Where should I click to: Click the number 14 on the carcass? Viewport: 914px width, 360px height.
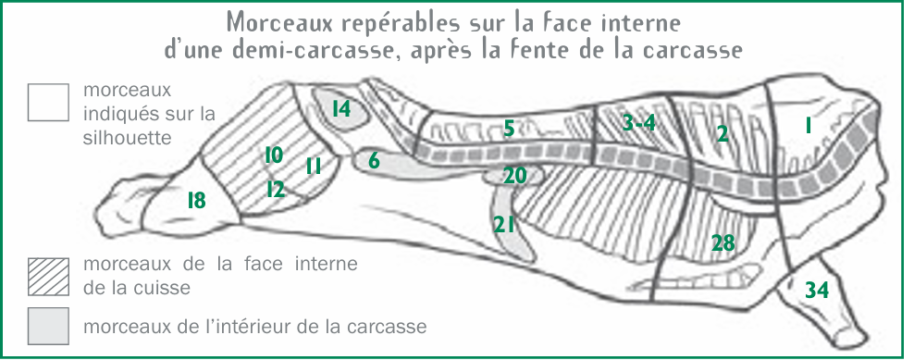click(341, 108)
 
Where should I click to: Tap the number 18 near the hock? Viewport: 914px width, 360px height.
click(196, 200)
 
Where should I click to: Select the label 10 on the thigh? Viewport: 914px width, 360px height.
click(274, 155)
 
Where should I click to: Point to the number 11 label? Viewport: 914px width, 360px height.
click(313, 167)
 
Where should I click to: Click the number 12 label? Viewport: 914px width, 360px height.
click(275, 189)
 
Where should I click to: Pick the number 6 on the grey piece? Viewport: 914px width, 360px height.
click(374, 160)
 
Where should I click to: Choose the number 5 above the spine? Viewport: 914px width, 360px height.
click(509, 129)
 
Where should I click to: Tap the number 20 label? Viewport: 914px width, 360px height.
click(515, 175)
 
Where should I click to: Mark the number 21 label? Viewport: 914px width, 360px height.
click(505, 224)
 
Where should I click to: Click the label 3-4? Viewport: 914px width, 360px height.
click(639, 122)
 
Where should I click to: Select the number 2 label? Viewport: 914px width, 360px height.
click(723, 133)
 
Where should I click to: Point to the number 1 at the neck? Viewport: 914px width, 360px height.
click(809, 126)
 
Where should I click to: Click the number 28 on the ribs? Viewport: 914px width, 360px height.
click(723, 242)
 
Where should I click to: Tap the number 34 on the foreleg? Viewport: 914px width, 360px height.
click(817, 290)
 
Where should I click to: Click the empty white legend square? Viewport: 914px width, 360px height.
click(48, 102)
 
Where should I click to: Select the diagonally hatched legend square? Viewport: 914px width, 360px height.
click(48, 276)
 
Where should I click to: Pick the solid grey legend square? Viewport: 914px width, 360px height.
click(48, 326)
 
